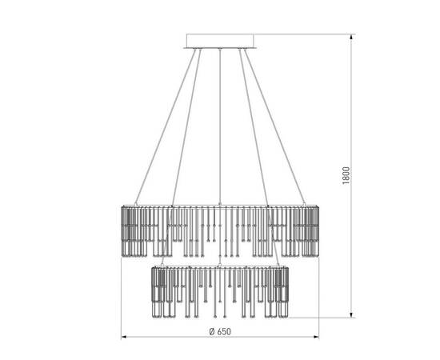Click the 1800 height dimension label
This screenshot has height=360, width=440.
coord(346,175)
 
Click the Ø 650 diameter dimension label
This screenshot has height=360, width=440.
coord(220,331)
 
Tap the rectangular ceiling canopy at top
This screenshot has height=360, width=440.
coord(220,41)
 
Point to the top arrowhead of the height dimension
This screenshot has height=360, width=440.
coord(350,38)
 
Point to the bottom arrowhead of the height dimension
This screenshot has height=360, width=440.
coord(350,314)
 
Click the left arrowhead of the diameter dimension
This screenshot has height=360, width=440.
coord(125,337)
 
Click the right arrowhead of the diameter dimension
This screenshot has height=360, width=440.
coord(315,337)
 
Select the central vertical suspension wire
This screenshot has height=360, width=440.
coord(220,126)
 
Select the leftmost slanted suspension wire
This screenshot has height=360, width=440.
coord(166,126)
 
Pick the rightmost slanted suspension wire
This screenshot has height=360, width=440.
coord(274,126)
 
